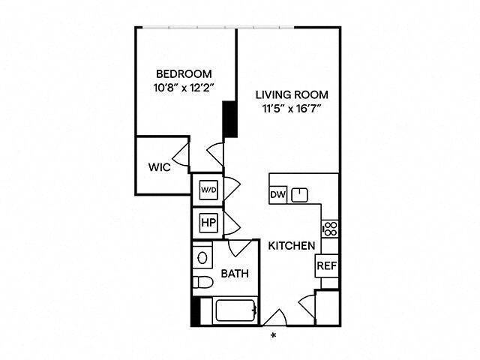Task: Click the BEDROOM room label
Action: click(184, 73)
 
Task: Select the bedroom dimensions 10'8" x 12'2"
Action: click(184, 87)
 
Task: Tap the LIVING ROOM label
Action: click(292, 94)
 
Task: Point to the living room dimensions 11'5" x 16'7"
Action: click(292, 108)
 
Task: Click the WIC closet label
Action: click(159, 167)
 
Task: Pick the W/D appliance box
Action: click(207, 190)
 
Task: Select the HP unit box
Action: click(207, 223)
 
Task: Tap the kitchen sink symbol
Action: click(300, 194)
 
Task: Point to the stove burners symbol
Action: click(330, 227)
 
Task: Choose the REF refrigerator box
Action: click(325, 265)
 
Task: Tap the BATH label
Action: click(235, 274)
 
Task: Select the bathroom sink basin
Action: click(202, 258)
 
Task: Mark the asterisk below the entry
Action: click(274, 335)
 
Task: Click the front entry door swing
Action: click(274, 317)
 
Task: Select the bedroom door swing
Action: click(216, 153)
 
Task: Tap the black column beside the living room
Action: click(230, 120)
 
